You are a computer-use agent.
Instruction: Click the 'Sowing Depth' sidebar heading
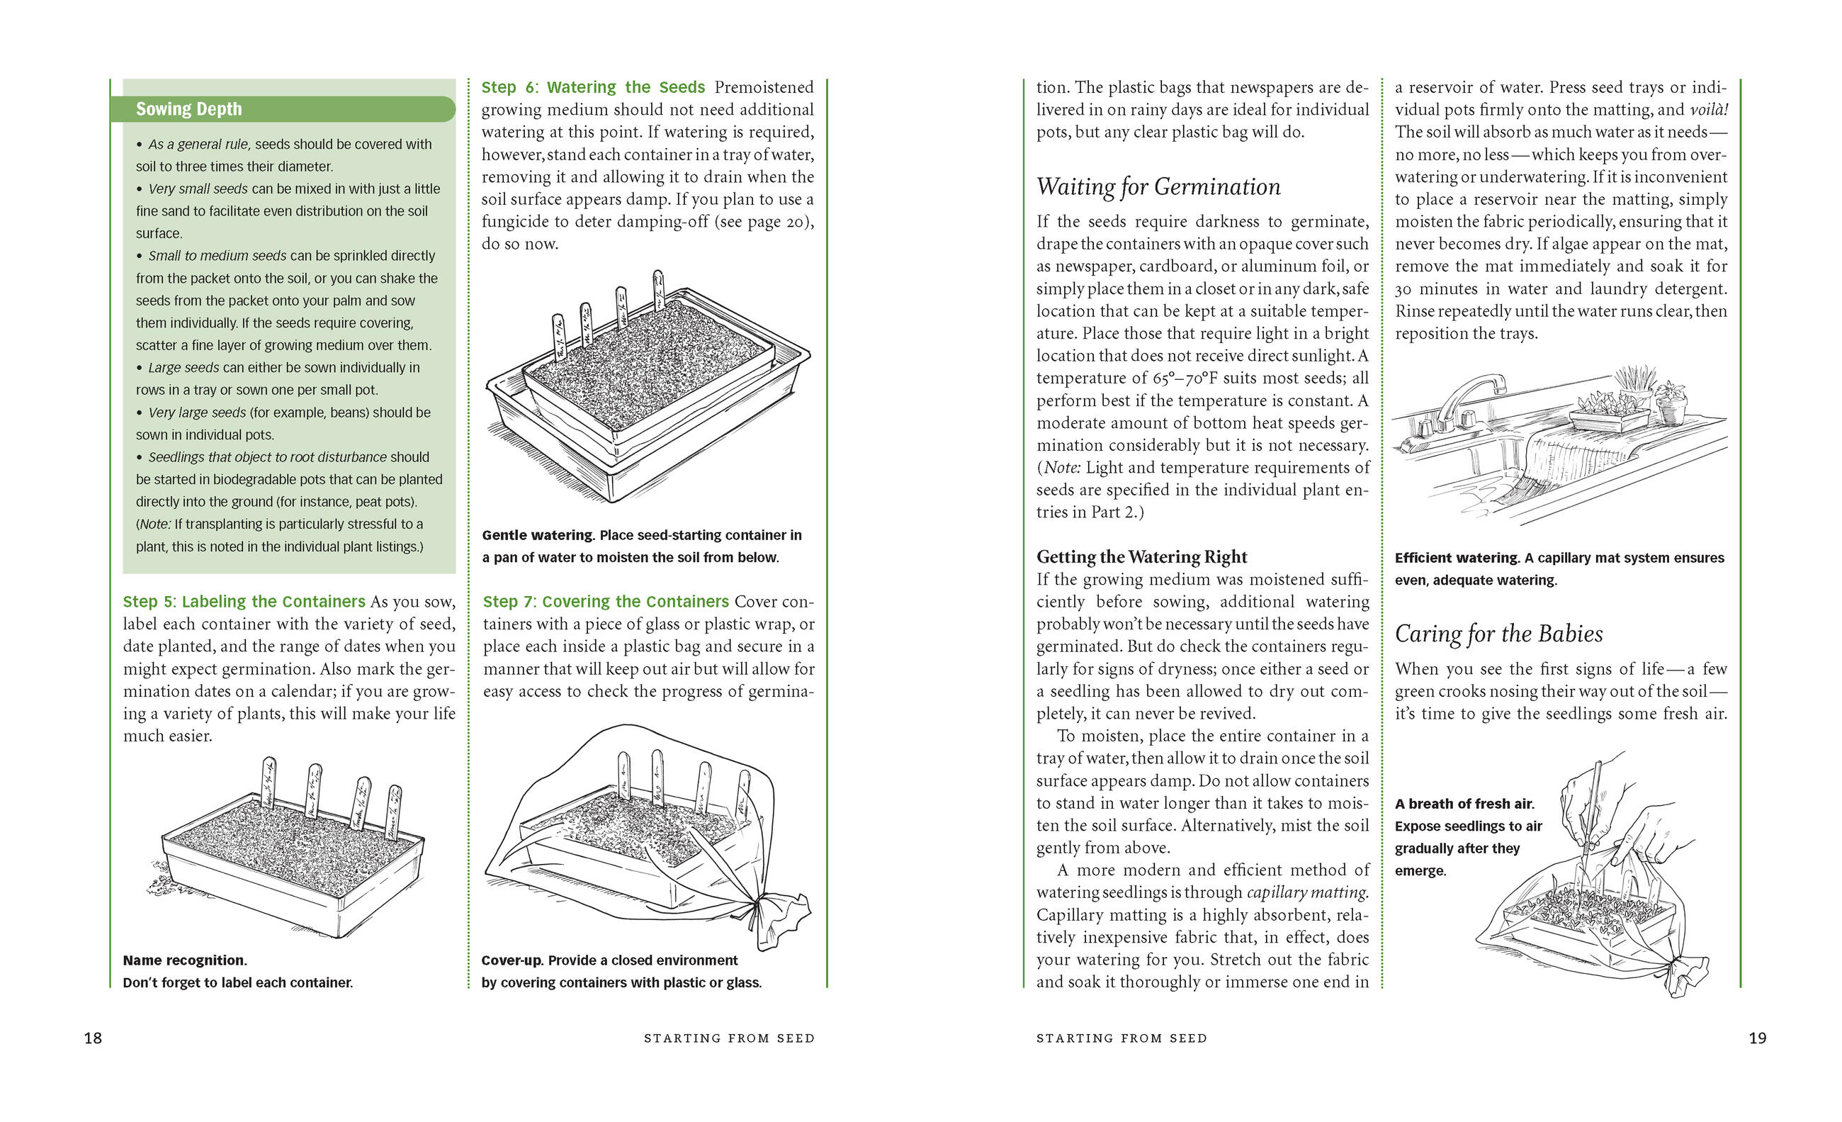(189, 109)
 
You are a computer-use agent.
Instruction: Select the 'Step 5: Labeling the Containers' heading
(244, 602)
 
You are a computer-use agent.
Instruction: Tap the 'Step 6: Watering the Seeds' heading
(593, 87)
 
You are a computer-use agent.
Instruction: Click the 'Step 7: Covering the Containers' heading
(605, 602)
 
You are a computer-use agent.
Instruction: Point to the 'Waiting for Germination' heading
(1158, 187)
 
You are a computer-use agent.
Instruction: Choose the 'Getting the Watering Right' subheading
(1141, 557)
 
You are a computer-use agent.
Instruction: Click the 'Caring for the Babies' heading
(1498, 634)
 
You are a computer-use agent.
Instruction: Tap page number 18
(93, 1038)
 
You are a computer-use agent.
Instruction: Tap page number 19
(1758, 1038)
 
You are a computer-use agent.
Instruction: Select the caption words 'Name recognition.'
(185, 960)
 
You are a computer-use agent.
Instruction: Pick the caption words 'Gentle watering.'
(538, 536)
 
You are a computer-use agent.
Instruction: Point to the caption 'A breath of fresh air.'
(1464, 804)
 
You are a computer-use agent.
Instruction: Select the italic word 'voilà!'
(1709, 110)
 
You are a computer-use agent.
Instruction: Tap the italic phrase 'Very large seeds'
(197, 413)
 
